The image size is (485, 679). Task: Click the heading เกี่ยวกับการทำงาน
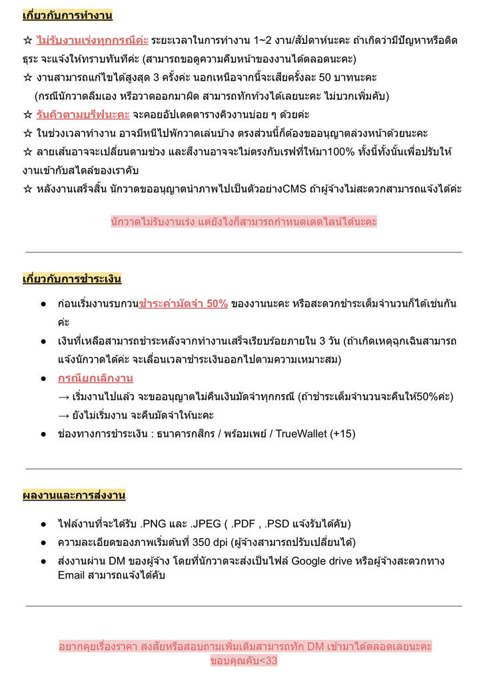67,15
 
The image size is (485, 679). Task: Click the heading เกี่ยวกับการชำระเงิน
72,278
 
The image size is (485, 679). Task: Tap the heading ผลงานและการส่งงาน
74,495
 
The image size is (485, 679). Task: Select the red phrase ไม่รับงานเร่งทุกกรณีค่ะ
93,41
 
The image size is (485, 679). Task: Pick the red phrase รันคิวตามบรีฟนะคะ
83,114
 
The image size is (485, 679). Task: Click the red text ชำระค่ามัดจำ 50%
183,304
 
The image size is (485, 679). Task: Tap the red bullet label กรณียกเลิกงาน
95,378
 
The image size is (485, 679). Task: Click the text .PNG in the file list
156,524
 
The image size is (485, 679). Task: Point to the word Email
72,574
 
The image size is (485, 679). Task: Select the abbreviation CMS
294,188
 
